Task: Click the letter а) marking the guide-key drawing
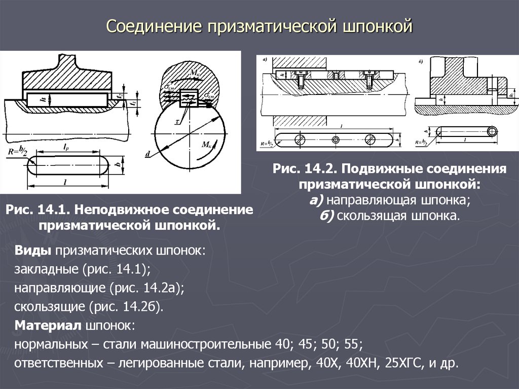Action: (x=265, y=60)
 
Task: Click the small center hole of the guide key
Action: (x=335, y=139)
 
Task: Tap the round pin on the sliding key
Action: (x=492, y=132)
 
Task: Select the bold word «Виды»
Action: (x=32, y=251)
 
